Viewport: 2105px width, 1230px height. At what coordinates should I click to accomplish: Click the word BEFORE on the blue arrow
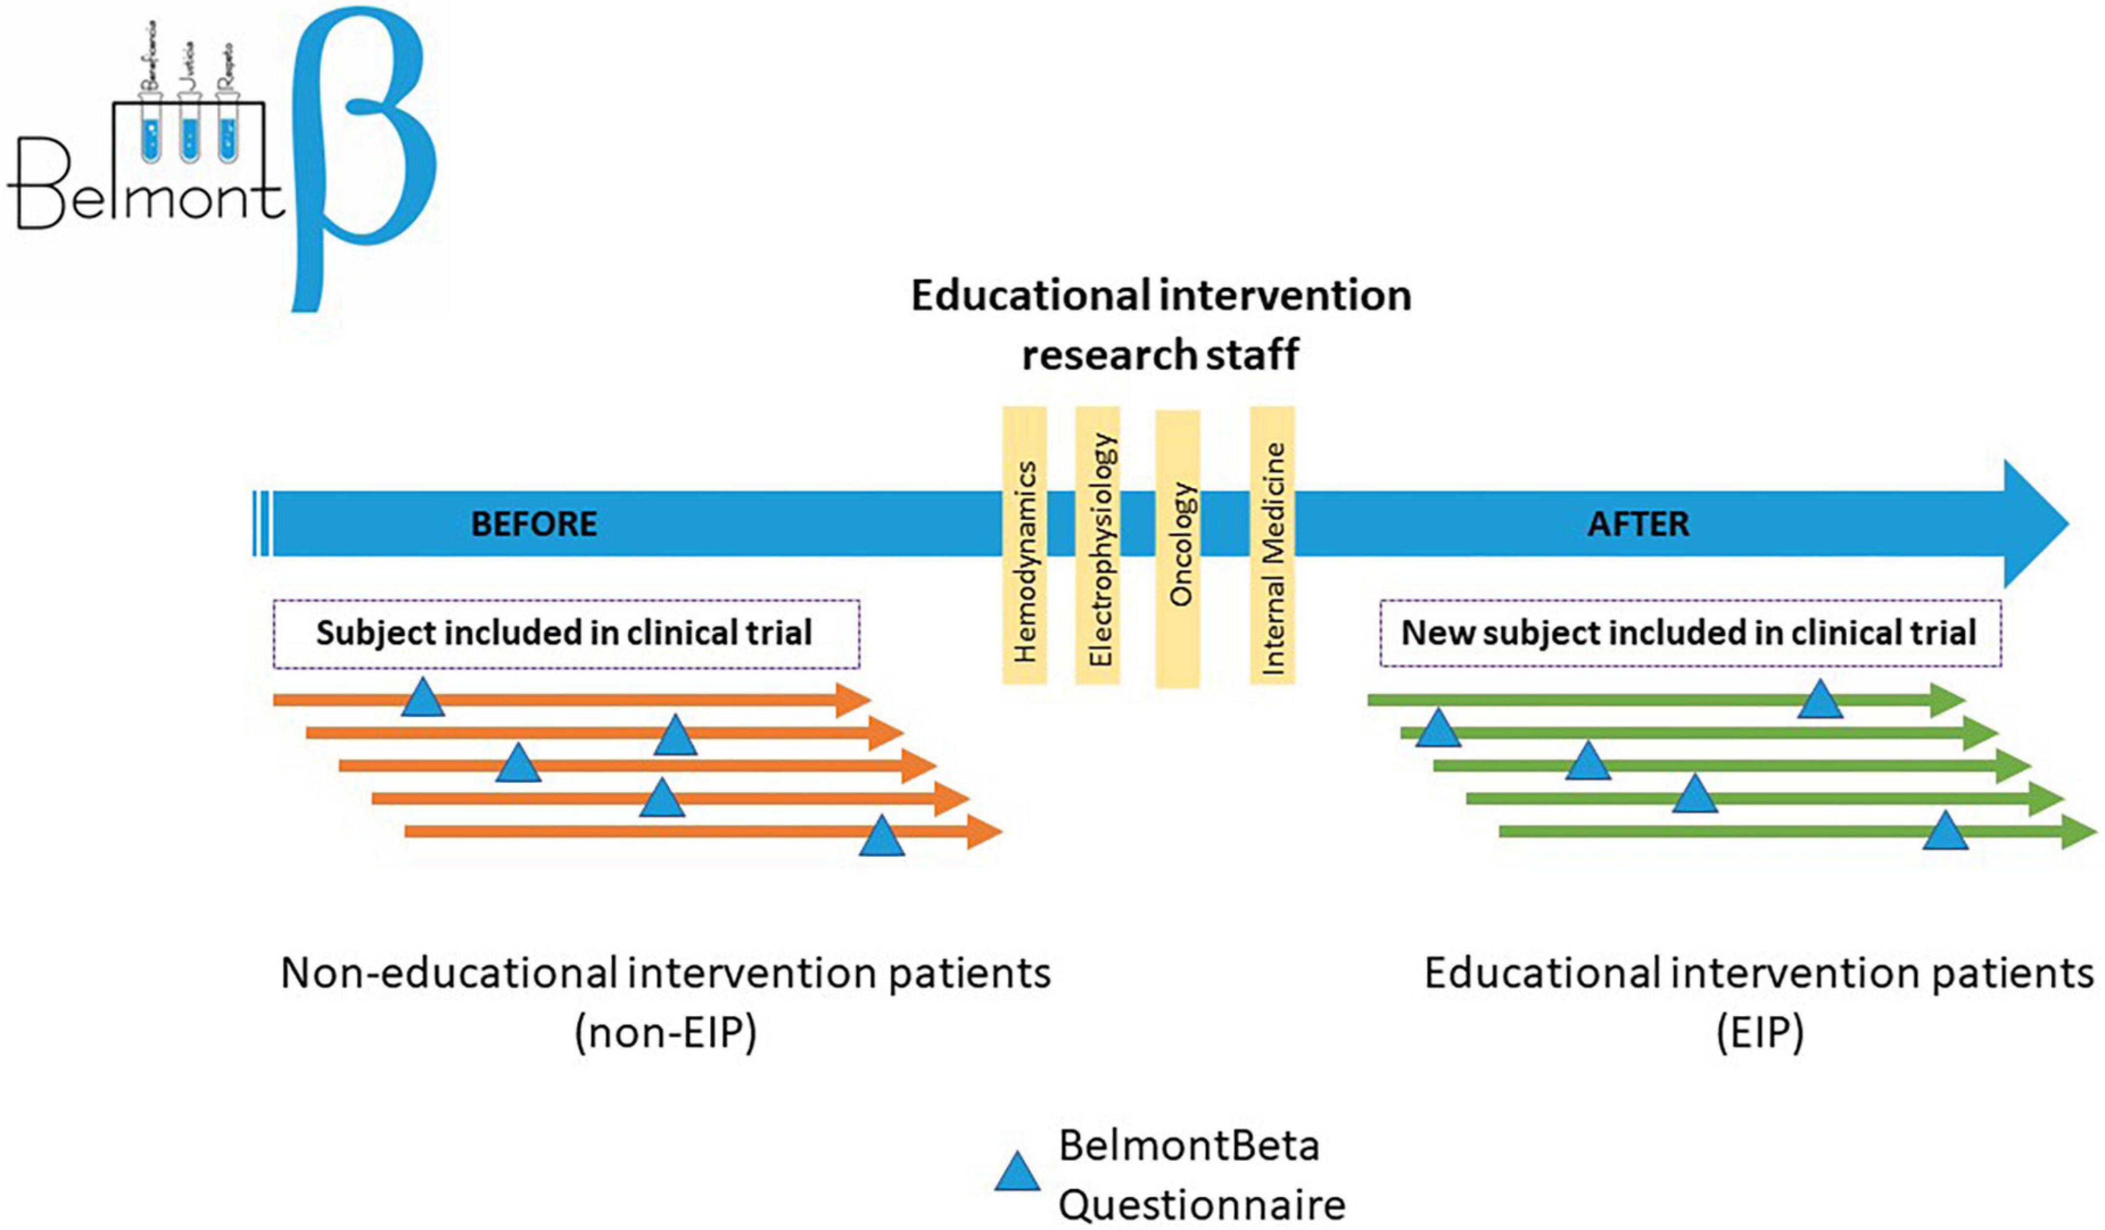tap(534, 524)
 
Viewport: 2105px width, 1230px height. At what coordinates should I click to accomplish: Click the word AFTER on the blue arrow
tap(1638, 524)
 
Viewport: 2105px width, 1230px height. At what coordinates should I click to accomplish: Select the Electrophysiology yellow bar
tap(1098, 546)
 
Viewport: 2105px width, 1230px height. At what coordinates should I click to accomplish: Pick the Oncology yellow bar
tap(1178, 549)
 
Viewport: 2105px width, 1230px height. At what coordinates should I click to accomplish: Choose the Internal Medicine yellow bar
tap(1272, 546)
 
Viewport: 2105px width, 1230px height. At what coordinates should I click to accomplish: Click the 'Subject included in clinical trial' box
tap(566, 634)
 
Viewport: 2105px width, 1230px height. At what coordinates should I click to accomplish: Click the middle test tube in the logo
tap(191, 134)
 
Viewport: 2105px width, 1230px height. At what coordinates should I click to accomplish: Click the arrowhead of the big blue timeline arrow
tap(2034, 524)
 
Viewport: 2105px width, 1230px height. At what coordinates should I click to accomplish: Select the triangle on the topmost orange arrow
tap(423, 698)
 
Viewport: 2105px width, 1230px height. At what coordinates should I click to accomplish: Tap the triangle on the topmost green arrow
tap(1820, 700)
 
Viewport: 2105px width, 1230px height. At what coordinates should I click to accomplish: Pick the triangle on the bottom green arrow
tap(1946, 832)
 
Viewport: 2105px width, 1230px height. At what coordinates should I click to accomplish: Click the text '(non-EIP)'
tap(666, 1033)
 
